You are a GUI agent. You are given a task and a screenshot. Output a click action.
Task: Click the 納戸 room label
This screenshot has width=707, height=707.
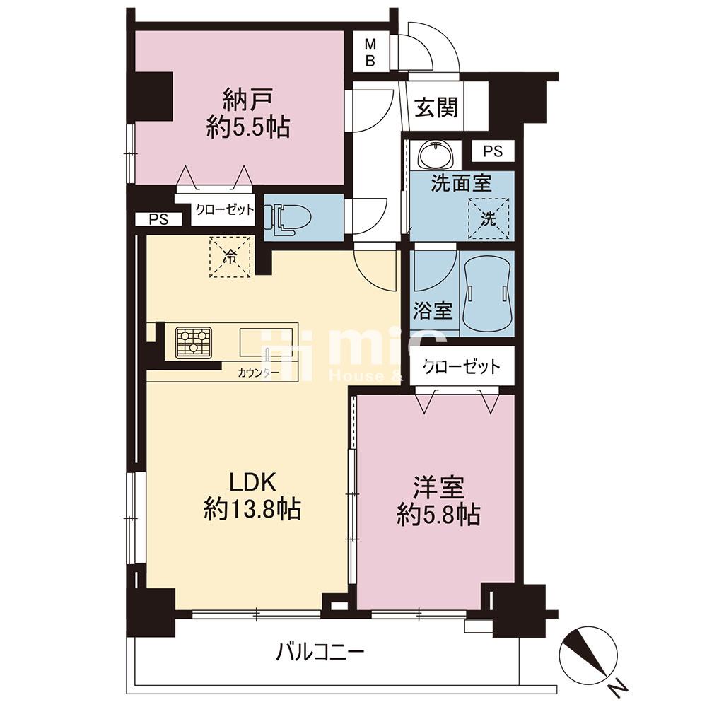coord(247,100)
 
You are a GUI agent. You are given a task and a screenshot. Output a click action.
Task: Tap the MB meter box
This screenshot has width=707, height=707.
coord(370,52)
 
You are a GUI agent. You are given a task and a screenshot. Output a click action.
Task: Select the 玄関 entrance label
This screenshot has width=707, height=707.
coord(436,107)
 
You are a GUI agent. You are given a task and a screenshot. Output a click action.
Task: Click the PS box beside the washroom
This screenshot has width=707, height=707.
coord(493,151)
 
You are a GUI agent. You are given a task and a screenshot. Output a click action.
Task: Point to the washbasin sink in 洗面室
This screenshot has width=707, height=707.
coord(436,154)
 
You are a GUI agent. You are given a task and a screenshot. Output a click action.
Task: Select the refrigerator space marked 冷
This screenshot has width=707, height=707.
coord(230,257)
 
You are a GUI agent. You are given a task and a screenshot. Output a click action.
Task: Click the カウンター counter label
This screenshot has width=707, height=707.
coord(257,373)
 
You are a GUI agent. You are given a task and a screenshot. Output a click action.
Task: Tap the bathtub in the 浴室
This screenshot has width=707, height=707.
coord(487,295)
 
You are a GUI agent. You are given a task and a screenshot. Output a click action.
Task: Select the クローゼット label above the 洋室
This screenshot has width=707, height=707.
coord(462,366)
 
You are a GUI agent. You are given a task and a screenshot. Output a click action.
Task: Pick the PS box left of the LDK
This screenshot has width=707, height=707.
coord(158,219)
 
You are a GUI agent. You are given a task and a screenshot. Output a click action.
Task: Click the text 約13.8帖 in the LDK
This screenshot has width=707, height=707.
coord(252,510)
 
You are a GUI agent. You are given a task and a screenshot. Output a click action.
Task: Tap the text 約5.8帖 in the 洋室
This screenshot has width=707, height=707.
coord(438,515)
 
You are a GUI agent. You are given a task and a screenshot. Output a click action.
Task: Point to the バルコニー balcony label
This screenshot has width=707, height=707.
coord(320,652)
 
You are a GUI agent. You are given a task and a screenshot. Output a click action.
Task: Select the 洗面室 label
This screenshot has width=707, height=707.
coord(461,183)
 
